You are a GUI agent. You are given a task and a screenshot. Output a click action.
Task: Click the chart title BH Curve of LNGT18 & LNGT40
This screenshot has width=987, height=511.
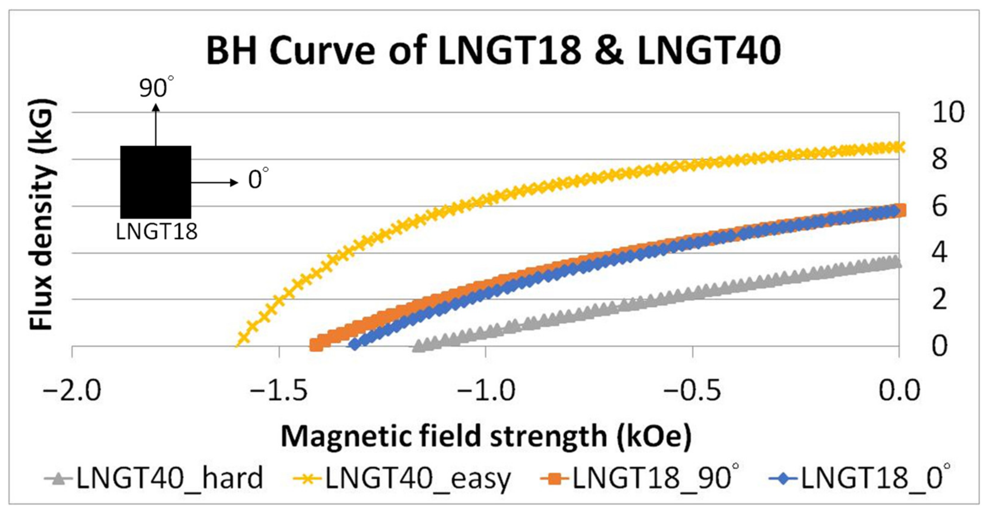point(493,51)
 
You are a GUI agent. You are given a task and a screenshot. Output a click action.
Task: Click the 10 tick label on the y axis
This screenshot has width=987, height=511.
point(948,113)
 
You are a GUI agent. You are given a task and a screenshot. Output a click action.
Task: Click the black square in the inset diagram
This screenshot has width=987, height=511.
point(155,182)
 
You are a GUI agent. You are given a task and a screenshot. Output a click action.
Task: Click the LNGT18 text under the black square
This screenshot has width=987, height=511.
point(156,232)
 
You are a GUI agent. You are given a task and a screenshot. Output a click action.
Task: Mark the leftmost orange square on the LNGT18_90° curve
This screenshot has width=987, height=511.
point(316,345)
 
